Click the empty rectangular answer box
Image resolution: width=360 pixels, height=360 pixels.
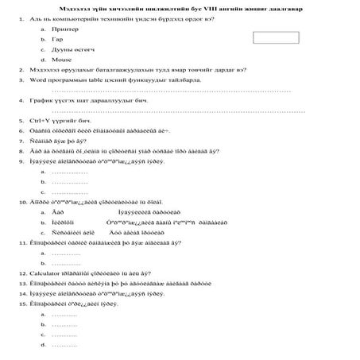[x=275, y=37]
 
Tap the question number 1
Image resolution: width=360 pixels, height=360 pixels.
[x=19, y=17]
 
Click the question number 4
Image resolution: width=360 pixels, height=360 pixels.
[x=19, y=101]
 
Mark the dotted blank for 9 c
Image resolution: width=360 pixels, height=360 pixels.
[x=69, y=192]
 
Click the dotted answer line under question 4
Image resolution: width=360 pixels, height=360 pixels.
[x=175, y=110]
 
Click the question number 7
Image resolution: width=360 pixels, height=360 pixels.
[x=19, y=141]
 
